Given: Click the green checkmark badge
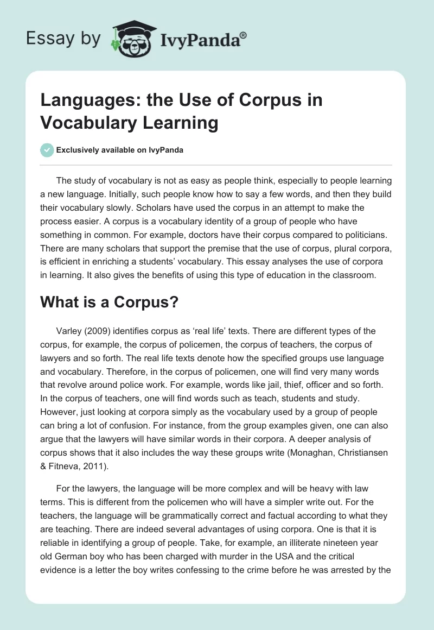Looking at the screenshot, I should (47, 150).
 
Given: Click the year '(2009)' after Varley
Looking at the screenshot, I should (98, 331).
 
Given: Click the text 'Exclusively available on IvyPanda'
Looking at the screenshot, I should (120, 150).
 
